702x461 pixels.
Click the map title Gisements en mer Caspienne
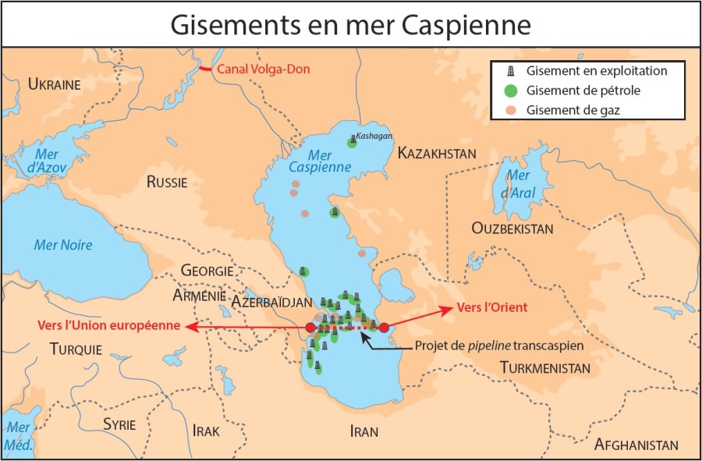tap(350, 24)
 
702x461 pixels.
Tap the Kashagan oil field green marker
tap(352, 143)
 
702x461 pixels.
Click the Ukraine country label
tap(55, 84)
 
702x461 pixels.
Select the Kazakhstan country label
tap(437, 153)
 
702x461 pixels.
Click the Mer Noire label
tap(63, 245)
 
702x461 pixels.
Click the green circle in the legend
tap(510, 90)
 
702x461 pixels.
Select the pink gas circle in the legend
tap(510, 110)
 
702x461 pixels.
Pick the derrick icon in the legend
tap(510, 71)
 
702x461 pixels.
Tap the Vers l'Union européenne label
tap(109, 325)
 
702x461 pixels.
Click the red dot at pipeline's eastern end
tap(384, 328)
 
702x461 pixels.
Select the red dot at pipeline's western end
tap(310, 328)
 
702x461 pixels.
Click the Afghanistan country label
tap(636, 445)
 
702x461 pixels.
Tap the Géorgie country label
tap(207, 271)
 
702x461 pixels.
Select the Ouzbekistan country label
tap(512, 229)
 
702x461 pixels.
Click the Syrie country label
tap(119, 424)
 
